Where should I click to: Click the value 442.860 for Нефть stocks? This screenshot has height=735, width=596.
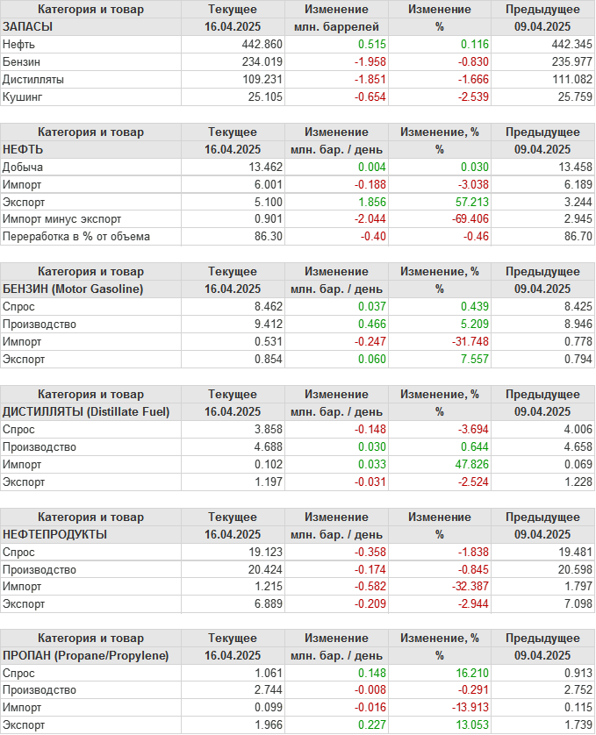pyautogui.click(x=264, y=44)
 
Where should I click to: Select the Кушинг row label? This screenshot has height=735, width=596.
pyautogui.click(x=22, y=96)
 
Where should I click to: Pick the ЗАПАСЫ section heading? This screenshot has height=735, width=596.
pyautogui.click(x=28, y=26)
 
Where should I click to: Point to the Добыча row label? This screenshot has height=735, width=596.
pyautogui.click(x=24, y=167)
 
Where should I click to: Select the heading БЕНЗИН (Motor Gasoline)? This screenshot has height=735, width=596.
pyautogui.click(x=74, y=289)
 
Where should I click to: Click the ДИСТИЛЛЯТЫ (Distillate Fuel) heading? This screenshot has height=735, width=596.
pyautogui.click(x=86, y=411)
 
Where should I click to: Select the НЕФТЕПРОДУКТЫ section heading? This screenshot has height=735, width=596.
pyautogui.click(x=55, y=534)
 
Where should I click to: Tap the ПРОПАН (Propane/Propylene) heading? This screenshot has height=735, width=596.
pyautogui.click(x=86, y=656)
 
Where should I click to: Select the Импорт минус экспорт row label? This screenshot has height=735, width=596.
pyautogui.click(x=62, y=219)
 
